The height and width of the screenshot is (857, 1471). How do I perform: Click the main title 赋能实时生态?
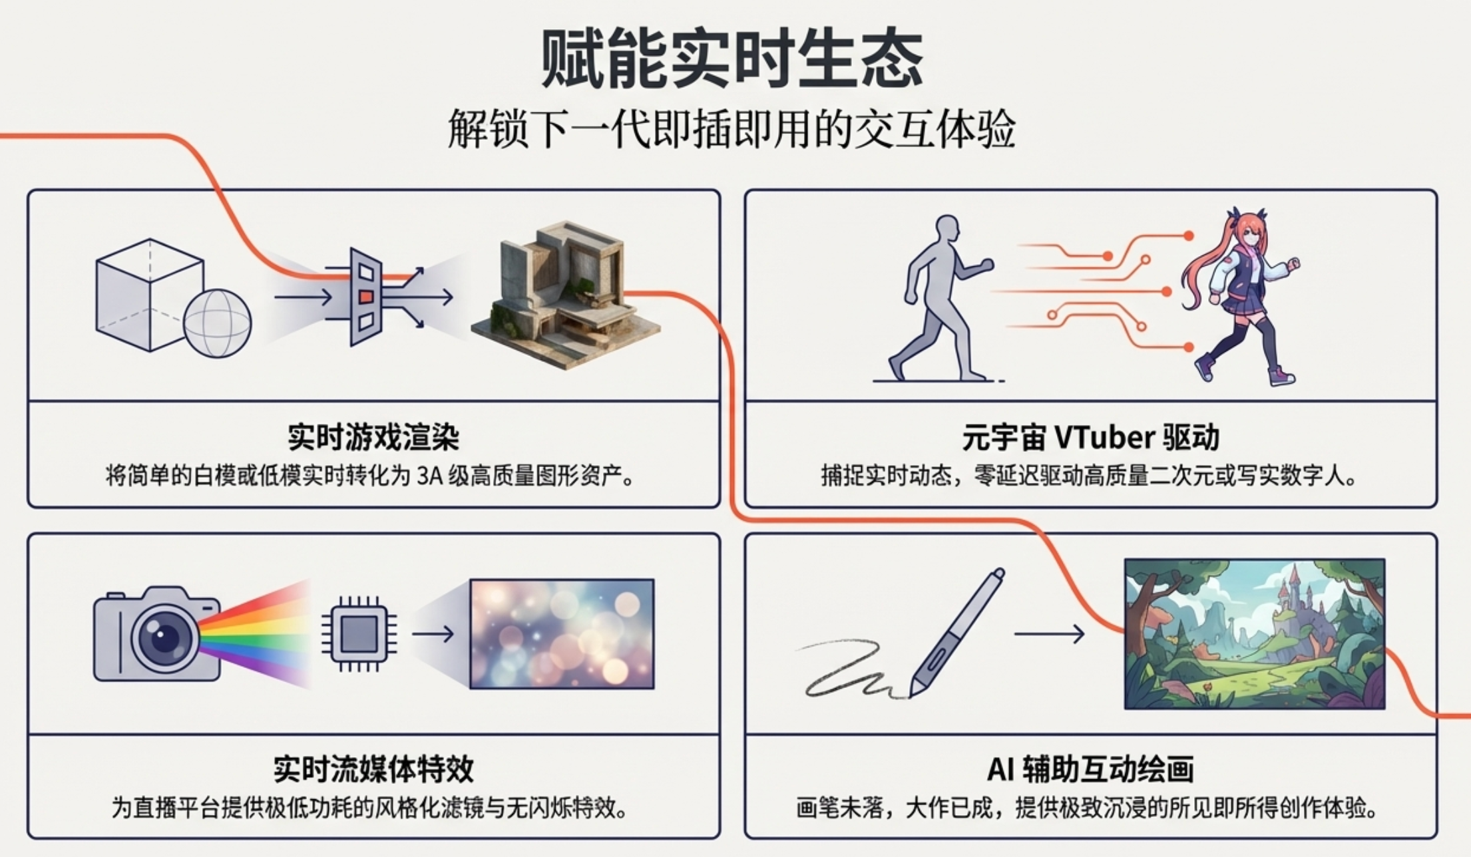pos(732,59)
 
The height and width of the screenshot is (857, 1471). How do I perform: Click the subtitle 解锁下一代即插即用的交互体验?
pos(732,128)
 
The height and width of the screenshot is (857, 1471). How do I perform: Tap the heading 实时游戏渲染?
pos(373,437)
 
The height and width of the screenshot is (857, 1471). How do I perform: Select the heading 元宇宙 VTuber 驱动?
pos(1091,437)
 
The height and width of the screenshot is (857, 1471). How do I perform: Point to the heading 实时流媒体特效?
pos(373,769)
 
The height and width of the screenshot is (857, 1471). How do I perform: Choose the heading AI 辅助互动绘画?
pos(1090,769)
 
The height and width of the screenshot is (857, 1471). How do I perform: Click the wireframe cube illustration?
pos(150,295)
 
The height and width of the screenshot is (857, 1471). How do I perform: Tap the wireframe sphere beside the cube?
pos(218,323)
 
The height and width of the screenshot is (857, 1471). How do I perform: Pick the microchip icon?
pos(359,634)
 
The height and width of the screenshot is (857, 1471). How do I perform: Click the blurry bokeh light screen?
pos(562,633)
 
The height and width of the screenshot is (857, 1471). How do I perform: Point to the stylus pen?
pos(957,633)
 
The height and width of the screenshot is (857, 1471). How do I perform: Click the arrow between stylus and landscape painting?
pos(1050,634)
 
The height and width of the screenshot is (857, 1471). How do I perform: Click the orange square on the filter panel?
pos(366,297)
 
